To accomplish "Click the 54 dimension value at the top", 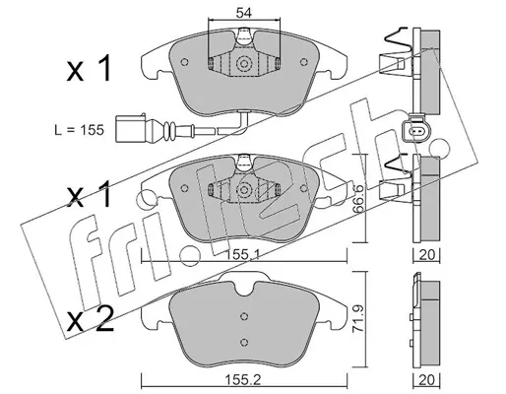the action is point(243,13).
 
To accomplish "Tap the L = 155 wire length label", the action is point(79,130).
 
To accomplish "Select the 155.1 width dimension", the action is point(243,255).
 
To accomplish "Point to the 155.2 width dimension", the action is point(243,380).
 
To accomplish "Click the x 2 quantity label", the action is point(91,319).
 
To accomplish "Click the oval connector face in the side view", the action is point(414,131).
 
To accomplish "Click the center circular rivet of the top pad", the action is point(243,63).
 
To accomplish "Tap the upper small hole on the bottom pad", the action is point(243,316).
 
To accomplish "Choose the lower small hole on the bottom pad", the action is point(243,342).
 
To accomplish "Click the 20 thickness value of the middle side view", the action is point(427,255).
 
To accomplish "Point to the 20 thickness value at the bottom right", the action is point(427,380).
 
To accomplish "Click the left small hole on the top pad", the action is point(184,62).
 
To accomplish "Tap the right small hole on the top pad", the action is point(304,62).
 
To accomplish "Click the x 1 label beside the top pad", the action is point(89,69).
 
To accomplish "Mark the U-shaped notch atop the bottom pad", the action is point(243,289).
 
